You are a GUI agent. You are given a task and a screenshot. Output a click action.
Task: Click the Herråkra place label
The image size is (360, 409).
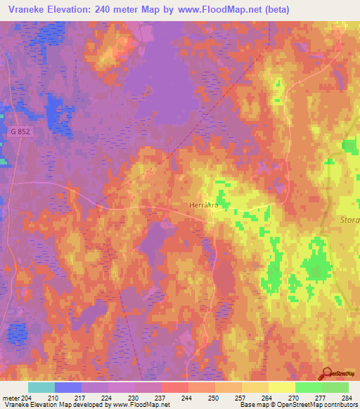(x=204, y=204)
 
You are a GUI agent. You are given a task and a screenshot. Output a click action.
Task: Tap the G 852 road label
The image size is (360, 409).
(x=20, y=131)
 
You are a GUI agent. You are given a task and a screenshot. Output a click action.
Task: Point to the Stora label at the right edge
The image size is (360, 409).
(x=349, y=220)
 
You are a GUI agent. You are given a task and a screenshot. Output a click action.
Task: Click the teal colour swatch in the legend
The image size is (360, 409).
(x=41, y=387)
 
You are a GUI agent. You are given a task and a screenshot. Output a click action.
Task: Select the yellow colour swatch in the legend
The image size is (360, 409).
(x=281, y=387)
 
